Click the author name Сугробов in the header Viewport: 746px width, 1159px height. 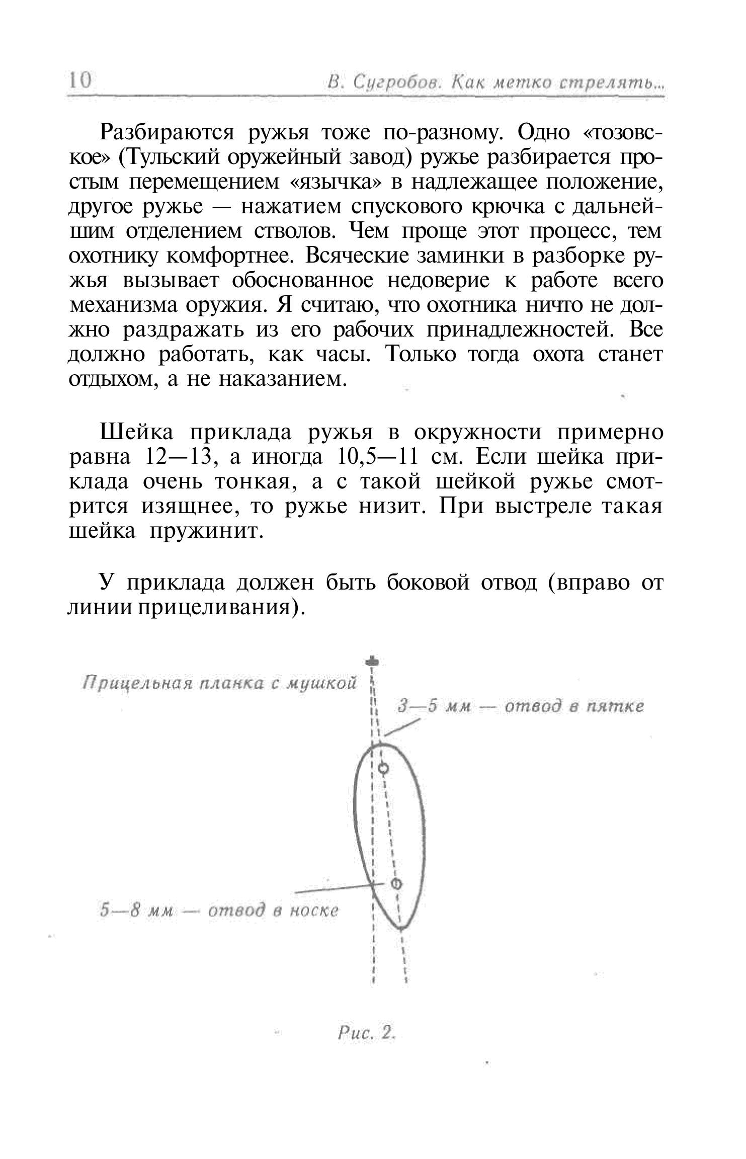click(x=394, y=82)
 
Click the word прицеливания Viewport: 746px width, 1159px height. click(x=216, y=607)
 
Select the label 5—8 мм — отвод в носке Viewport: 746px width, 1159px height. click(x=219, y=911)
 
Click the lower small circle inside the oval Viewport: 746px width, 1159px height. click(x=396, y=883)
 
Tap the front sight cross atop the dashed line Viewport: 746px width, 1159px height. click(x=373, y=661)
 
